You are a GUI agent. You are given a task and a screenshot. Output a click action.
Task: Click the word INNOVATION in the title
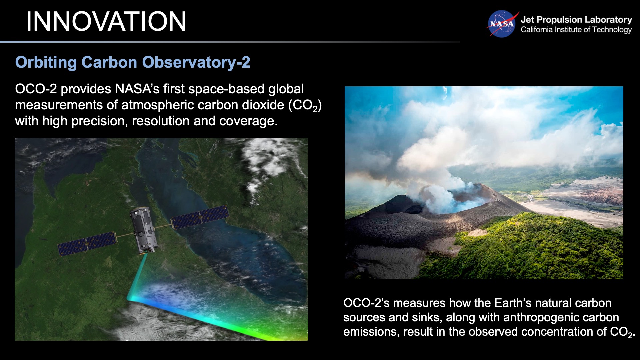[x=106, y=21]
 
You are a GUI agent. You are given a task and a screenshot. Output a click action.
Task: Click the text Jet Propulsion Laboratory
[x=576, y=20]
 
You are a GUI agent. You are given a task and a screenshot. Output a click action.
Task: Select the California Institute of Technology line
[x=576, y=30]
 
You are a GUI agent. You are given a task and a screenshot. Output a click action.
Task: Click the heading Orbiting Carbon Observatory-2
[x=133, y=62]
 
